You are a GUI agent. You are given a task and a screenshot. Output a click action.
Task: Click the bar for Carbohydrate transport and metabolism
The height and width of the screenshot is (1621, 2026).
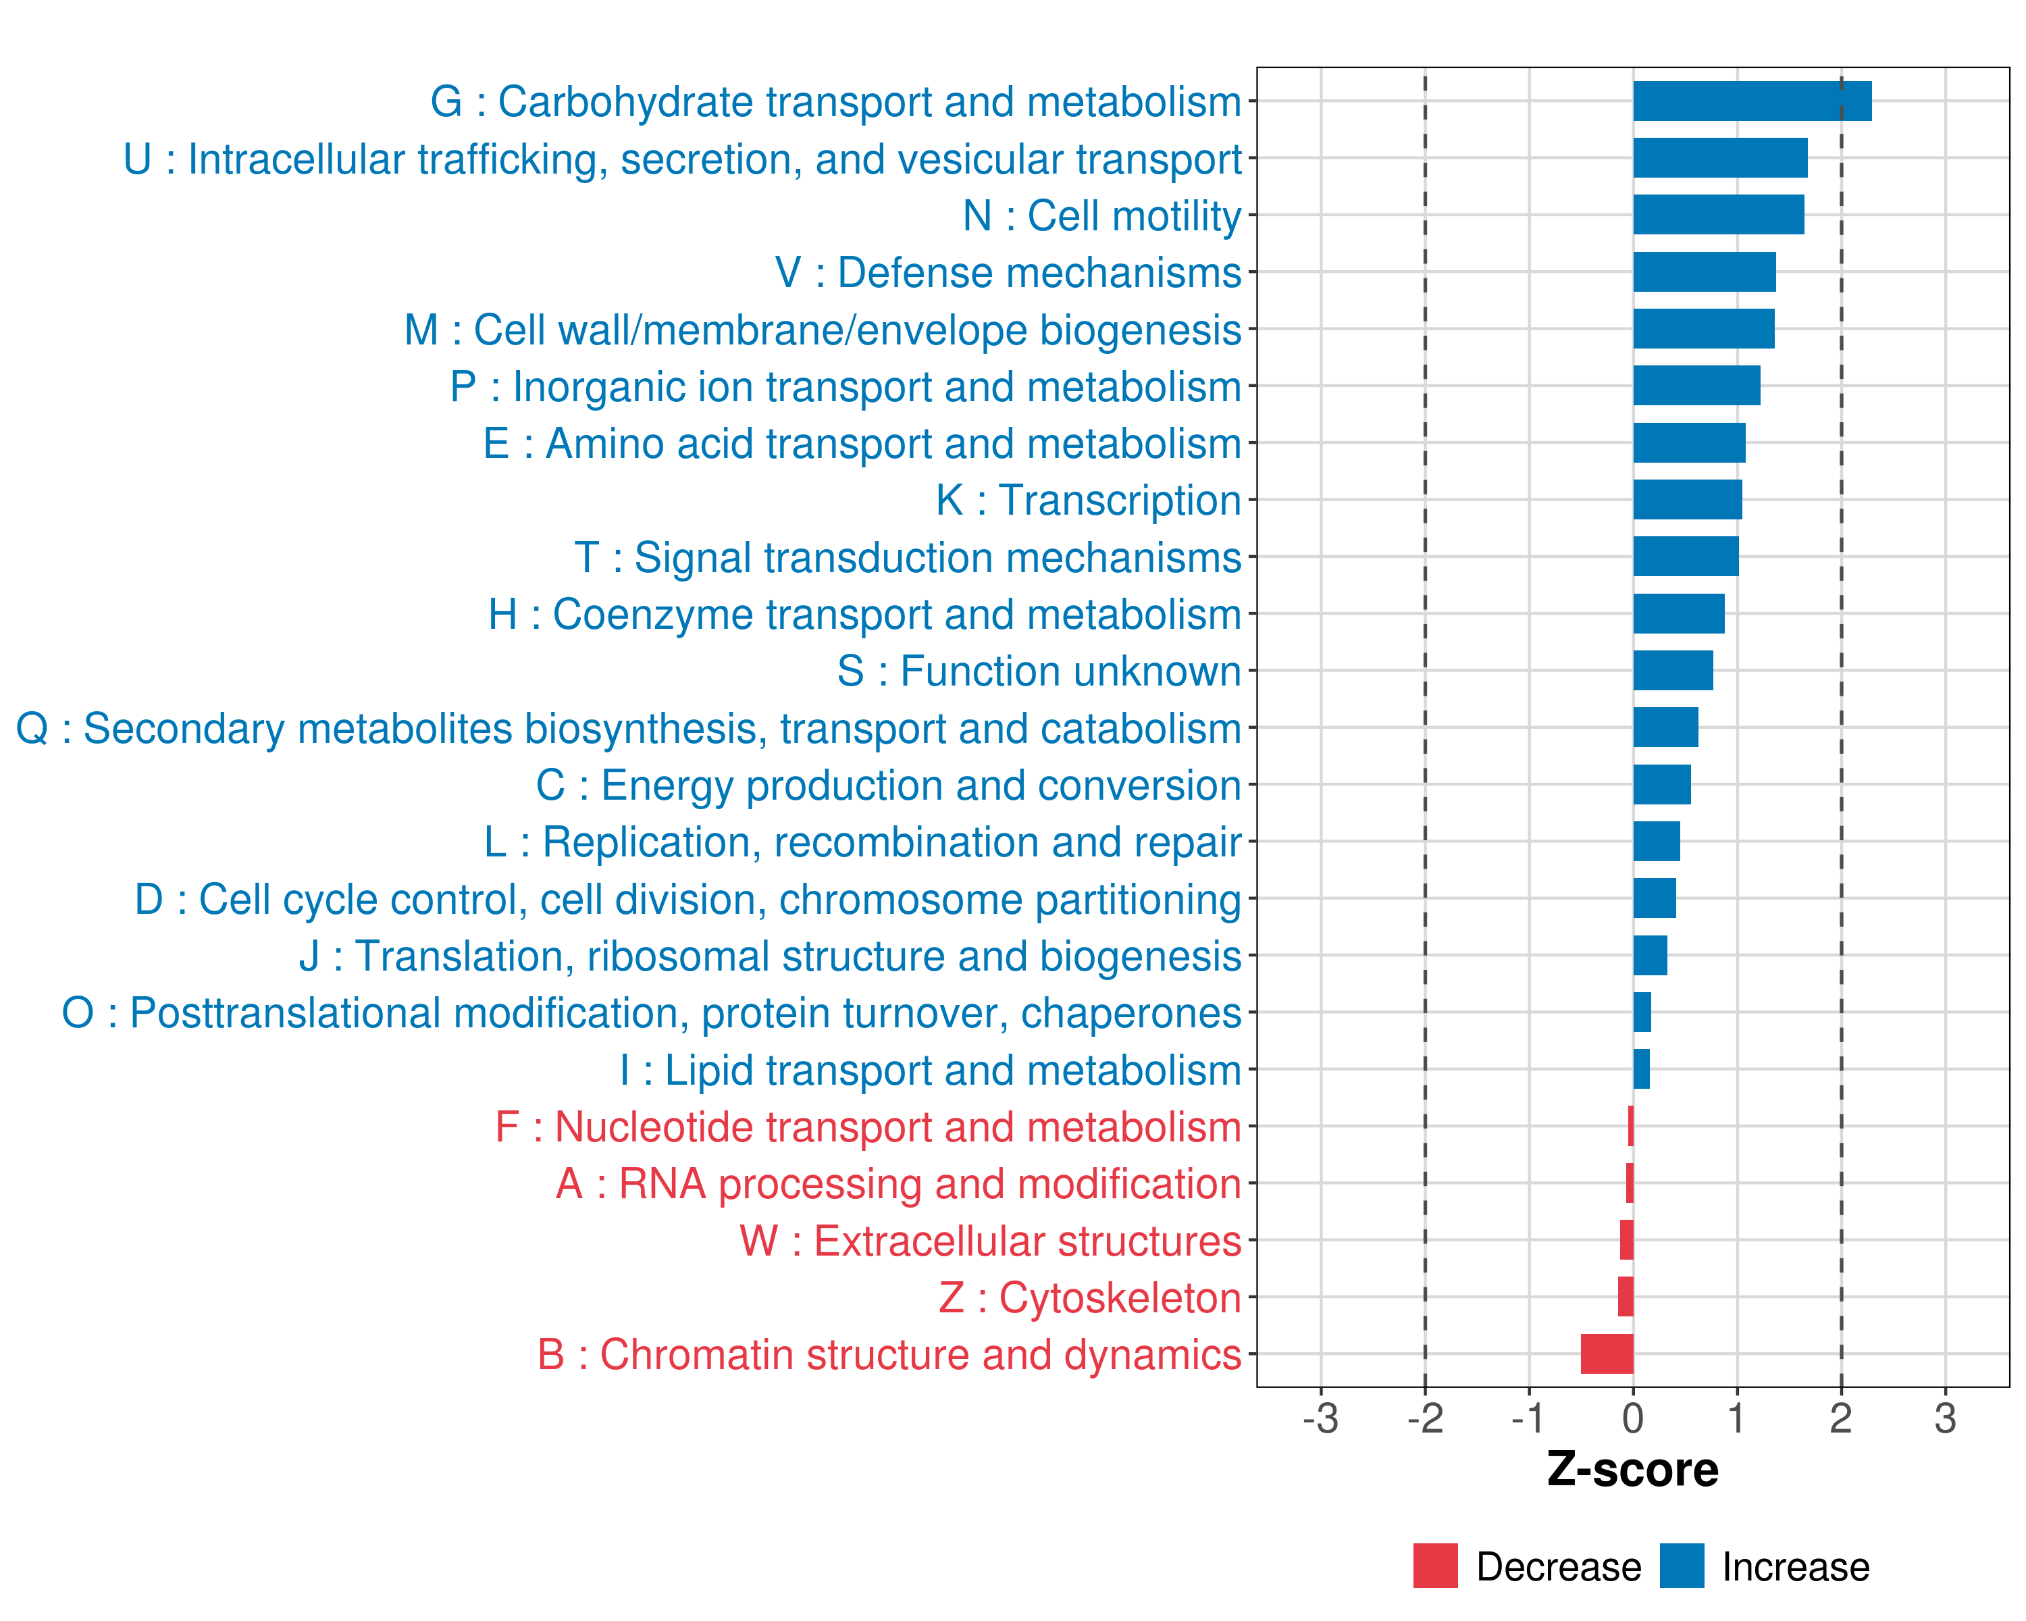1752,101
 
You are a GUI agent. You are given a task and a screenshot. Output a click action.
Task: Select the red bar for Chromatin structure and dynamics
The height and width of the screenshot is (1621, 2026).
1607,1354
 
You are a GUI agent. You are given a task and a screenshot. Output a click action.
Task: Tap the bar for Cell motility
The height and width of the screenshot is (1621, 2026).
1718,215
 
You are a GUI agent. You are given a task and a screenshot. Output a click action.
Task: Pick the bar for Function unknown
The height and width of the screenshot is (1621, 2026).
1673,671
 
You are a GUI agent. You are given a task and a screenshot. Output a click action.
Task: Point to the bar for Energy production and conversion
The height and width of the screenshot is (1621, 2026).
1661,785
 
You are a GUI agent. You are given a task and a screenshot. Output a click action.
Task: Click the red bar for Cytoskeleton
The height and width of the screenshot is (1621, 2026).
1626,1297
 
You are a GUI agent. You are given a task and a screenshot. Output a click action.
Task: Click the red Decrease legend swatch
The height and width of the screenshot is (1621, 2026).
1435,1566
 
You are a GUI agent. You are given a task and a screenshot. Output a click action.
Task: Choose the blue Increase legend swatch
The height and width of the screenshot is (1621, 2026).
1681,1566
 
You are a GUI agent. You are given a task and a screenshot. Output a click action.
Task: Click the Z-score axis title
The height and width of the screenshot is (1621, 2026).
1632,1470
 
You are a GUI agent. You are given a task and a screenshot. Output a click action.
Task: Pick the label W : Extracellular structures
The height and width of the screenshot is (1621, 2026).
991,1241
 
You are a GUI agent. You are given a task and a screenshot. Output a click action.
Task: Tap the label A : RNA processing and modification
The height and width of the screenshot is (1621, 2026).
898,1184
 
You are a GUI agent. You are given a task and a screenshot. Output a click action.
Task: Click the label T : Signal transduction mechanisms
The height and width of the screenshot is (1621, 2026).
908,557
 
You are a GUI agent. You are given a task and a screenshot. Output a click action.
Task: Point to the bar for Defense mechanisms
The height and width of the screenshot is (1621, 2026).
1704,272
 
